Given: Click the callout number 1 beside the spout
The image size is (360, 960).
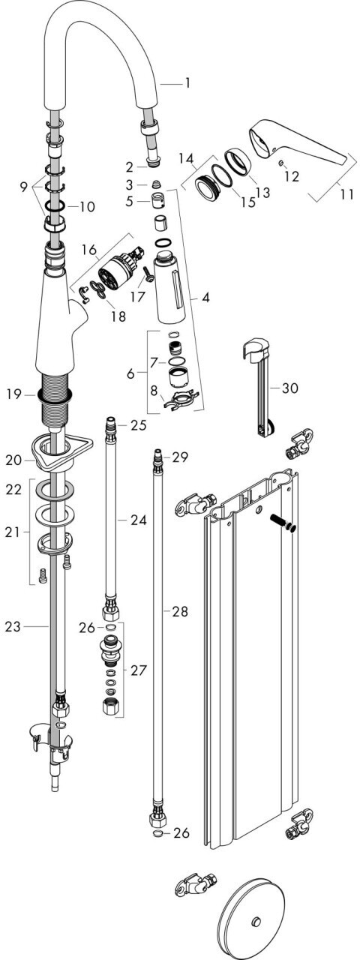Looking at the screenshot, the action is click(187, 82).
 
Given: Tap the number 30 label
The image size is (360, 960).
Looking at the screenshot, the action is click(289, 388).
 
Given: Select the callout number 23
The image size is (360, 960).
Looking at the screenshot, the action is click(13, 626).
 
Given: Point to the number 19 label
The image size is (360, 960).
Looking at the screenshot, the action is click(13, 394).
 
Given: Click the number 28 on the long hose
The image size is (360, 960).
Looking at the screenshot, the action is click(180, 611).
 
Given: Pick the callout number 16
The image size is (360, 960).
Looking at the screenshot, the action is click(89, 250).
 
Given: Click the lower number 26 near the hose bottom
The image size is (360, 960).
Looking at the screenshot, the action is click(181, 832).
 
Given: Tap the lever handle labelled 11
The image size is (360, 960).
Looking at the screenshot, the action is click(301, 145).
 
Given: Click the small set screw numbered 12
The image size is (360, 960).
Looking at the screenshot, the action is click(280, 163).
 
